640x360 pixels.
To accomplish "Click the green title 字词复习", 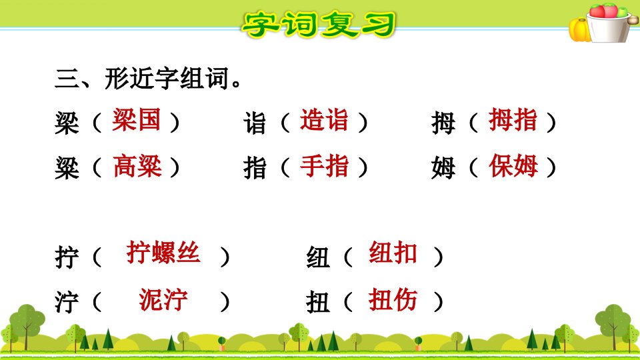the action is click(x=319, y=24).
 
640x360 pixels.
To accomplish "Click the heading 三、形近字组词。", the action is click(x=148, y=78).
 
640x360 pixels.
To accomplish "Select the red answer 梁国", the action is click(x=136, y=120).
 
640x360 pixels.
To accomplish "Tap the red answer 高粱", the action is click(x=137, y=166).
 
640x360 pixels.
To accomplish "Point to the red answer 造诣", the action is click(x=324, y=120).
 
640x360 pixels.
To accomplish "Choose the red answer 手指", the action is click(x=325, y=166).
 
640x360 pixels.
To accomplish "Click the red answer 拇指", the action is click(x=513, y=120).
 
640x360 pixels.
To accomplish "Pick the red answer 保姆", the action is click(x=513, y=166).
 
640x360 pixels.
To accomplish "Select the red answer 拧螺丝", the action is click(x=163, y=252).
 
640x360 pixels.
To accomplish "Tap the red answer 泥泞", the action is click(x=163, y=299).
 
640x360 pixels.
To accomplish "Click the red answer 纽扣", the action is click(x=393, y=253).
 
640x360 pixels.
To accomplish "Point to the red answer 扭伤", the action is click(x=393, y=299).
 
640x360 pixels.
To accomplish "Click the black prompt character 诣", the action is click(x=255, y=123).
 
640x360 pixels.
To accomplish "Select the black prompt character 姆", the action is click(x=443, y=168).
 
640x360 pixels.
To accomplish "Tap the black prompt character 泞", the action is click(x=67, y=303).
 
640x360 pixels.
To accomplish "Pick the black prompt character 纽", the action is click(x=318, y=257).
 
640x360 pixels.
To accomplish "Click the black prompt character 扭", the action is click(x=318, y=303).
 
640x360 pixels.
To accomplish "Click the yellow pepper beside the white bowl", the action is click(x=579, y=30).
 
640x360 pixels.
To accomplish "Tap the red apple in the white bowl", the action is click(x=597, y=11).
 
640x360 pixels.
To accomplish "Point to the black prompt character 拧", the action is click(x=67, y=257).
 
